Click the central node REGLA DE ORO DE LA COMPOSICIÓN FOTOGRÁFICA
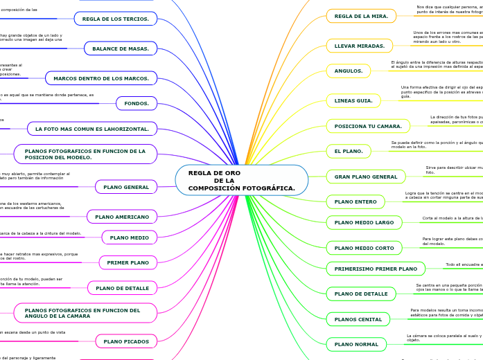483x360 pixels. [241, 180]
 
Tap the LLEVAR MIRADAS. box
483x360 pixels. [359, 46]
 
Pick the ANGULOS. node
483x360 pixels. [349, 71]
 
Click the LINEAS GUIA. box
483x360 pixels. [353, 100]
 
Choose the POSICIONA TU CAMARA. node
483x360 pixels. [368, 126]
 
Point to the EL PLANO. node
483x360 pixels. [349, 151]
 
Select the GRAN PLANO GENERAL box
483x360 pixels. [366, 177]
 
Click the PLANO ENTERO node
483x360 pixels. [355, 201]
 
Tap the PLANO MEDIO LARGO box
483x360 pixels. [364, 222]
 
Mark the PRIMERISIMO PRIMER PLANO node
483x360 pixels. [376, 269]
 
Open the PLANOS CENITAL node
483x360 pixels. [358, 319]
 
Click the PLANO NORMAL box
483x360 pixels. [356, 344]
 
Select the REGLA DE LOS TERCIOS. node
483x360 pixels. [115, 19]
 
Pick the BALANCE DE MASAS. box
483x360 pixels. [121, 48]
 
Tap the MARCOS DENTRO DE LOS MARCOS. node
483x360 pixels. [101, 78]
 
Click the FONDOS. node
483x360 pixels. [137, 103]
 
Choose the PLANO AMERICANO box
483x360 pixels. [122, 217]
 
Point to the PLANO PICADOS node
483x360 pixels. [126, 341]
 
